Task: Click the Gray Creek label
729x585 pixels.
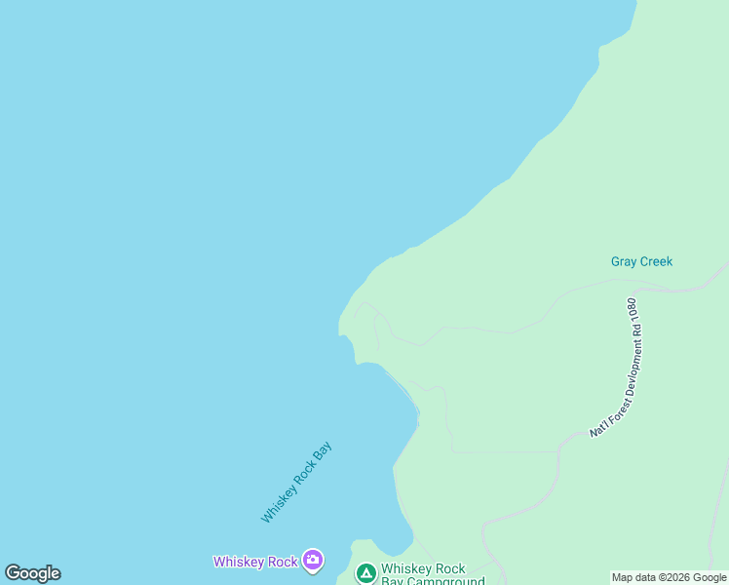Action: click(x=641, y=261)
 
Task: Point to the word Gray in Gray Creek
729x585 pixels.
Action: click(x=624, y=261)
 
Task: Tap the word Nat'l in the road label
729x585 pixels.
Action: click(x=597, y=427)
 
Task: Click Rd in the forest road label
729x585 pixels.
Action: click(x=633, y=334)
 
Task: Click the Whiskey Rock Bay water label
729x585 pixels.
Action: click(x=296, y=482)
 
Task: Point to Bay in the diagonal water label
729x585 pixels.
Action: click(x=323, y=452)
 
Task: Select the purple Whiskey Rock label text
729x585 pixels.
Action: click(x=255, y=561)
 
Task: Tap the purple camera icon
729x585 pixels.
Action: click(x=313, y=560)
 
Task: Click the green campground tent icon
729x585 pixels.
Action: click(x=366, y=573)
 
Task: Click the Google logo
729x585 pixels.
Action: click(x=32, y=573)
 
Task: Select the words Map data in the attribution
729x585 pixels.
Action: click(x=633, y=577)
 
